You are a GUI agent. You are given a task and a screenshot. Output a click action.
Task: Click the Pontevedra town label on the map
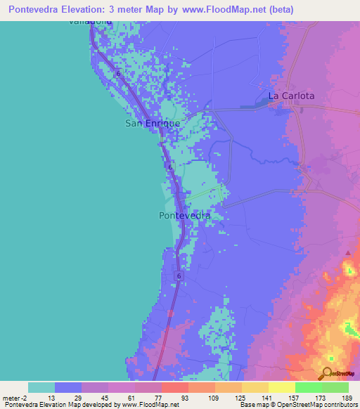[x=185, y=216]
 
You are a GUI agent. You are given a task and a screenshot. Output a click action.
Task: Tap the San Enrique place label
[x=152, y=123]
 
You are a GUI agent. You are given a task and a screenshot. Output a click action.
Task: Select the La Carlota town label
[x=291, y=96]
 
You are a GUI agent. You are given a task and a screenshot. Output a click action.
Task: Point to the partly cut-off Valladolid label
[x=90, y=22]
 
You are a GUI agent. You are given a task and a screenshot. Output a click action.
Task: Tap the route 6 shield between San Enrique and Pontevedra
[x=170, y=167]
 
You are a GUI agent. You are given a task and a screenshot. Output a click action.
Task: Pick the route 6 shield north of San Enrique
[x=118, y=73]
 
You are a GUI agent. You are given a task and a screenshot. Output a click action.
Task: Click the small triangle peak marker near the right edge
[x=348, y=252]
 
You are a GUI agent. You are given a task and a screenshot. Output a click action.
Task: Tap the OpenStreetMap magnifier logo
[x=328, y=373]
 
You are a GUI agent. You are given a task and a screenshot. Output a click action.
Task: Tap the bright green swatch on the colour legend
[x=308, y=387]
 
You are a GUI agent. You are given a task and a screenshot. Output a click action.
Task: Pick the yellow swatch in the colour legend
[x=281, y=387]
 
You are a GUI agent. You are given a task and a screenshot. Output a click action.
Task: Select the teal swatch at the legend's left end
[x=41, y=387]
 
